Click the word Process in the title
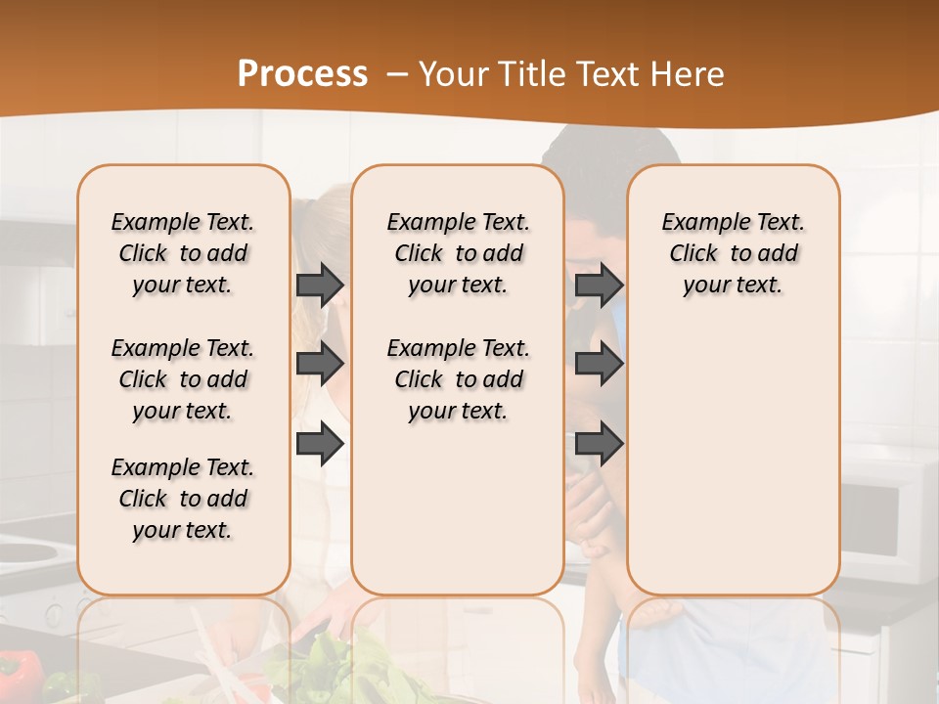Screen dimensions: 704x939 302,73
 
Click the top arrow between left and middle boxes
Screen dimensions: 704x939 320,285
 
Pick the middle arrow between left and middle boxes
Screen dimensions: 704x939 320,364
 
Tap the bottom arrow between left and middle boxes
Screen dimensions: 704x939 320,443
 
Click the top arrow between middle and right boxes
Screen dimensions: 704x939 599,285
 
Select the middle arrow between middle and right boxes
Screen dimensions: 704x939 599,364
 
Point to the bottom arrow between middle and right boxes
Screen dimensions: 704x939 599,443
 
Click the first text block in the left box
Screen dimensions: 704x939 183,253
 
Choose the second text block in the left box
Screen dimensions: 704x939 183,379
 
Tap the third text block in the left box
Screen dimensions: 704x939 183,499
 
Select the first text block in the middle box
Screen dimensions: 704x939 458,253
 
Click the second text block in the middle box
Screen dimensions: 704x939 458,379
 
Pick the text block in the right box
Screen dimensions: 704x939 733,253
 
